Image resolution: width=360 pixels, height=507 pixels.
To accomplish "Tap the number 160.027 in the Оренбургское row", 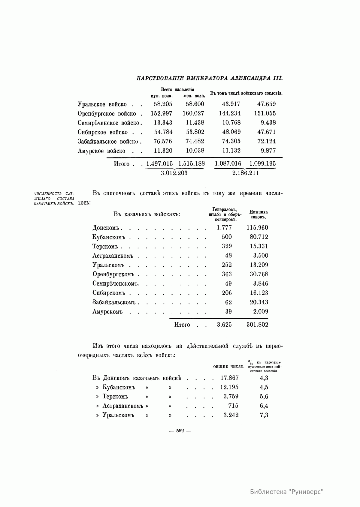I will point(193,113).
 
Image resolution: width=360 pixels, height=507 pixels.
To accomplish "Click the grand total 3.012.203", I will point(174,173).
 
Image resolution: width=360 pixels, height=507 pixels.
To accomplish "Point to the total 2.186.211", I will point(245,173).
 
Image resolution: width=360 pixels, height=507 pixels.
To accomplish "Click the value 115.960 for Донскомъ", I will point(257,228).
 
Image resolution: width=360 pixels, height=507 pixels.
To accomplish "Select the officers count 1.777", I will point(224,228).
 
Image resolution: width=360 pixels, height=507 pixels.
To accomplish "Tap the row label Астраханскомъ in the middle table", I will point(113,256).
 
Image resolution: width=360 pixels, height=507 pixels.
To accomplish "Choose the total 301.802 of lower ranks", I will point(257,325).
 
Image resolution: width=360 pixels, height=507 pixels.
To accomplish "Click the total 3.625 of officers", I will point(224,325).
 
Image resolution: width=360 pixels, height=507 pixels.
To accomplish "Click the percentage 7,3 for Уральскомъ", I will point(264,415).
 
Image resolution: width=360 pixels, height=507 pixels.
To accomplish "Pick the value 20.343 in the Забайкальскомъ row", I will point(259,302).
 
